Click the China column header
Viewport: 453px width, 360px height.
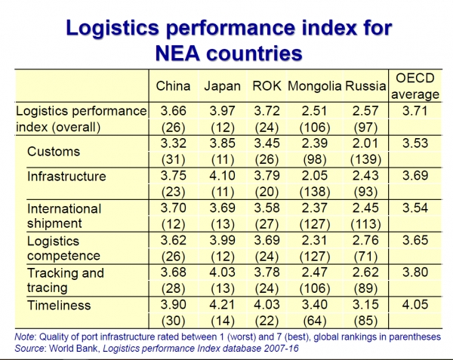[x=173, y=86]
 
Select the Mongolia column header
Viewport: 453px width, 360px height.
[x=315, y=86]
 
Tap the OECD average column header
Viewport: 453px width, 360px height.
[x=415, y=86]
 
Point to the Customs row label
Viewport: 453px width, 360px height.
[x=54, y=151]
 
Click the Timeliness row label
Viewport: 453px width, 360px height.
[x=59, y=305]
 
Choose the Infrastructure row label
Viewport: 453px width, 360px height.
[x=66, y=176]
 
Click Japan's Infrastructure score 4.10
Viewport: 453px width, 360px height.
[x=222, y=176]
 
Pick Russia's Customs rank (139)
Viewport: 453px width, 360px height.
[x=365, y=159]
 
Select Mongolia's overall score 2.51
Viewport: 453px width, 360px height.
[x=314, y=111]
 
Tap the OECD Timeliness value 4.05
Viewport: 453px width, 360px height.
[x=415, y=305]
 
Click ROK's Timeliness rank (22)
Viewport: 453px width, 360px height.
[x=267, y=321]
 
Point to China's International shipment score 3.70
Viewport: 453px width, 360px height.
[x=174, y=208]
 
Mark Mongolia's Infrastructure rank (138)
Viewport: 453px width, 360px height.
[x=315, y=192]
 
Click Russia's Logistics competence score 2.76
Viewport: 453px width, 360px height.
[x=365, y=240]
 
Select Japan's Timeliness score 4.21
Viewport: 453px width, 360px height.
[x=222, y=305]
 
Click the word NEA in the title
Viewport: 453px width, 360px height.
[x=177, y=53]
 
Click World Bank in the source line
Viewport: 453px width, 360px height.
[x=73, y=349]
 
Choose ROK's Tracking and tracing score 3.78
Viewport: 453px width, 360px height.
[x=267, y=272]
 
